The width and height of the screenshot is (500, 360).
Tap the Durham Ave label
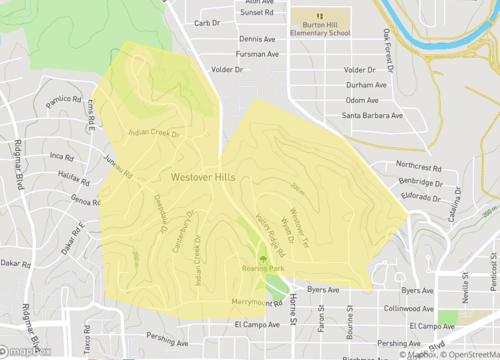click(x=365, y=85)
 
